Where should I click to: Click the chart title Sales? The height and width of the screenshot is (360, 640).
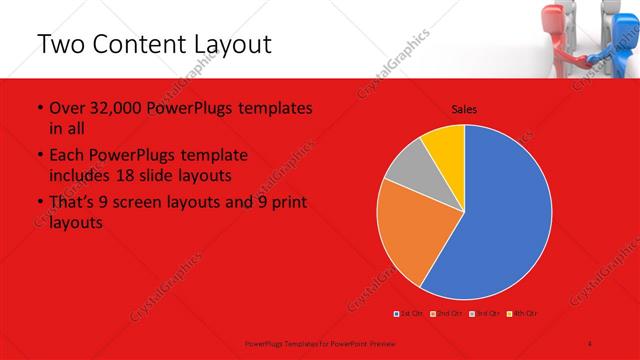464,108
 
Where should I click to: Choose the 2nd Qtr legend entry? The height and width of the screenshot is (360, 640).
447,314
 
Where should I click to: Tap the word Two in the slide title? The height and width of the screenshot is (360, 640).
59,45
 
